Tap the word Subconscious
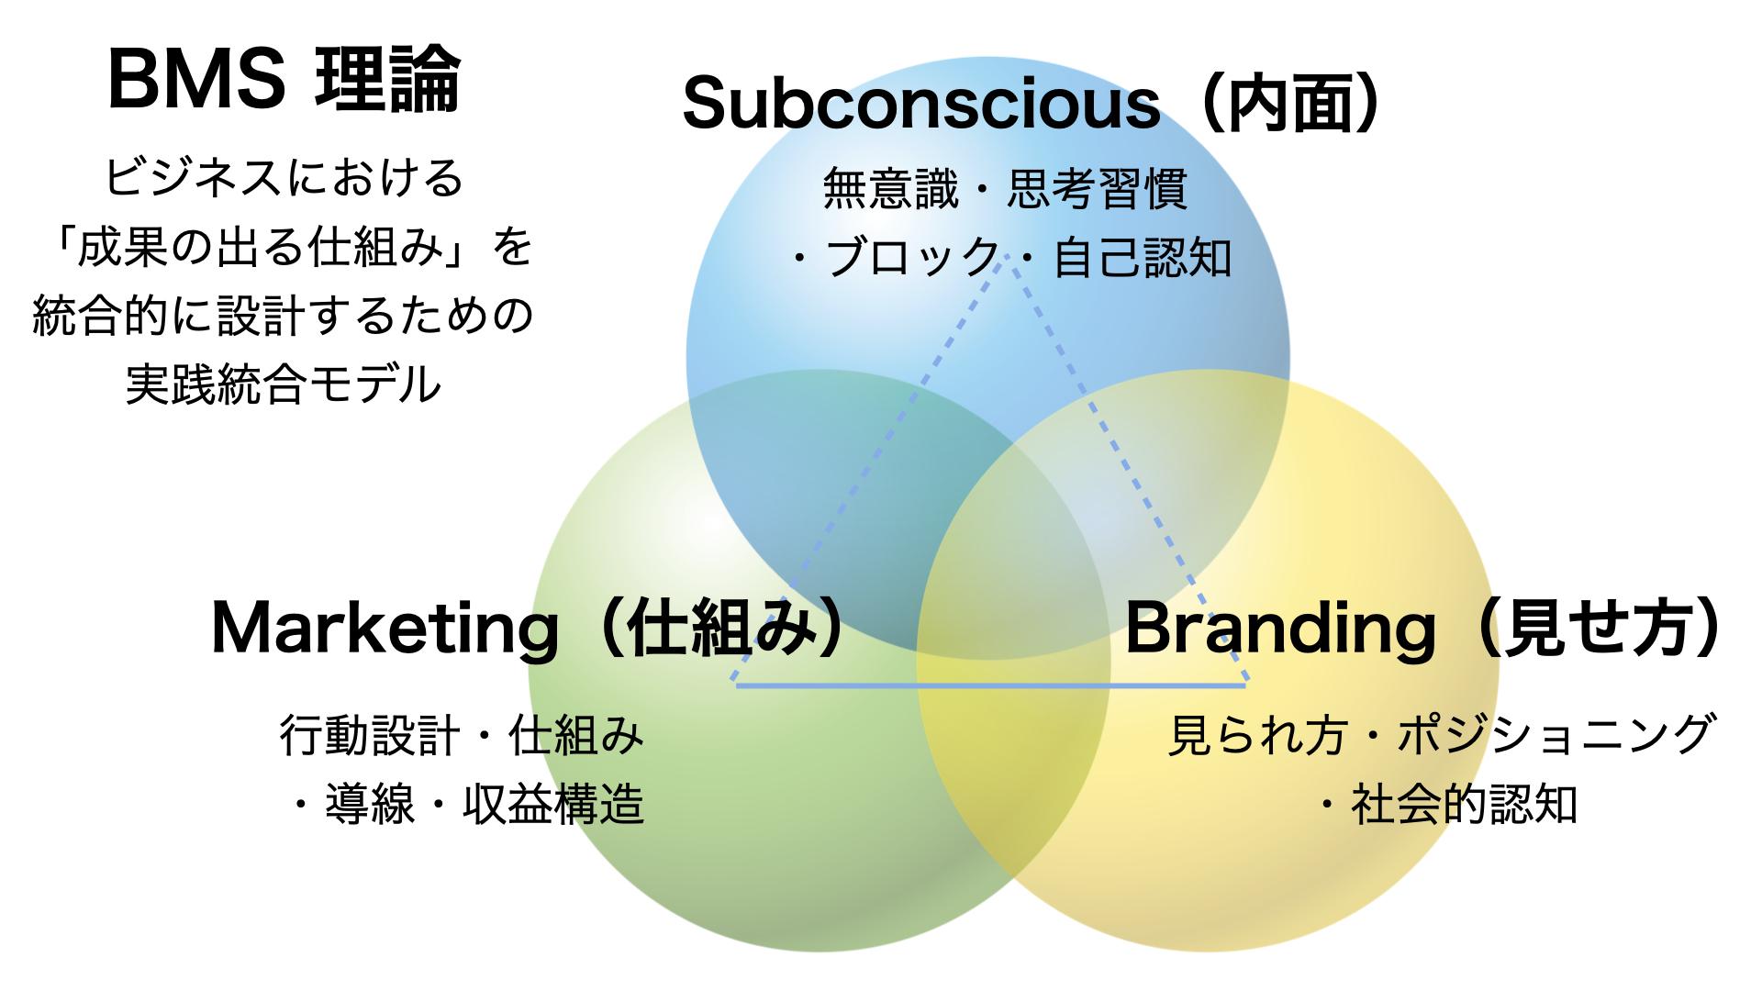921,104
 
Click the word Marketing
385,629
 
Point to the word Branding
1280,629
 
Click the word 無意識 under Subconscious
890,188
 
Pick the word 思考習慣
1098,188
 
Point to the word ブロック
912,257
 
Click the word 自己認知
1143,257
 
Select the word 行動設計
370,735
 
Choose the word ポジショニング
1555,734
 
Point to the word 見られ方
1257,734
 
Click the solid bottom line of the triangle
991,685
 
